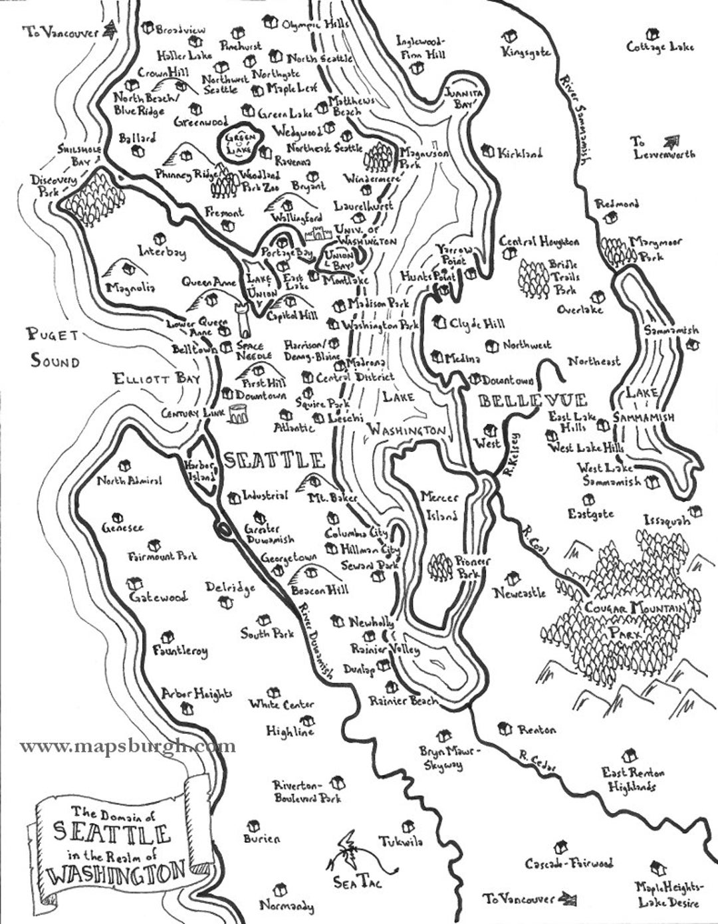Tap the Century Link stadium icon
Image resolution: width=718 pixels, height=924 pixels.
[237, 413]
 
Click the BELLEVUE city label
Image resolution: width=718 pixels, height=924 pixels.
[533, 400]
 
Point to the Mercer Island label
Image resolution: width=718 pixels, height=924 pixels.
[439, 506]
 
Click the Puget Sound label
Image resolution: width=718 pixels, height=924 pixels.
[53, 348]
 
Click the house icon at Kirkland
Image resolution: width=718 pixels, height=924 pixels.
[489, 152]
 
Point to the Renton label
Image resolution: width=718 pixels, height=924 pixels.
[536, 730]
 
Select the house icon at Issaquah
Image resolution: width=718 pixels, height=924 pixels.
[696, 511]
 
